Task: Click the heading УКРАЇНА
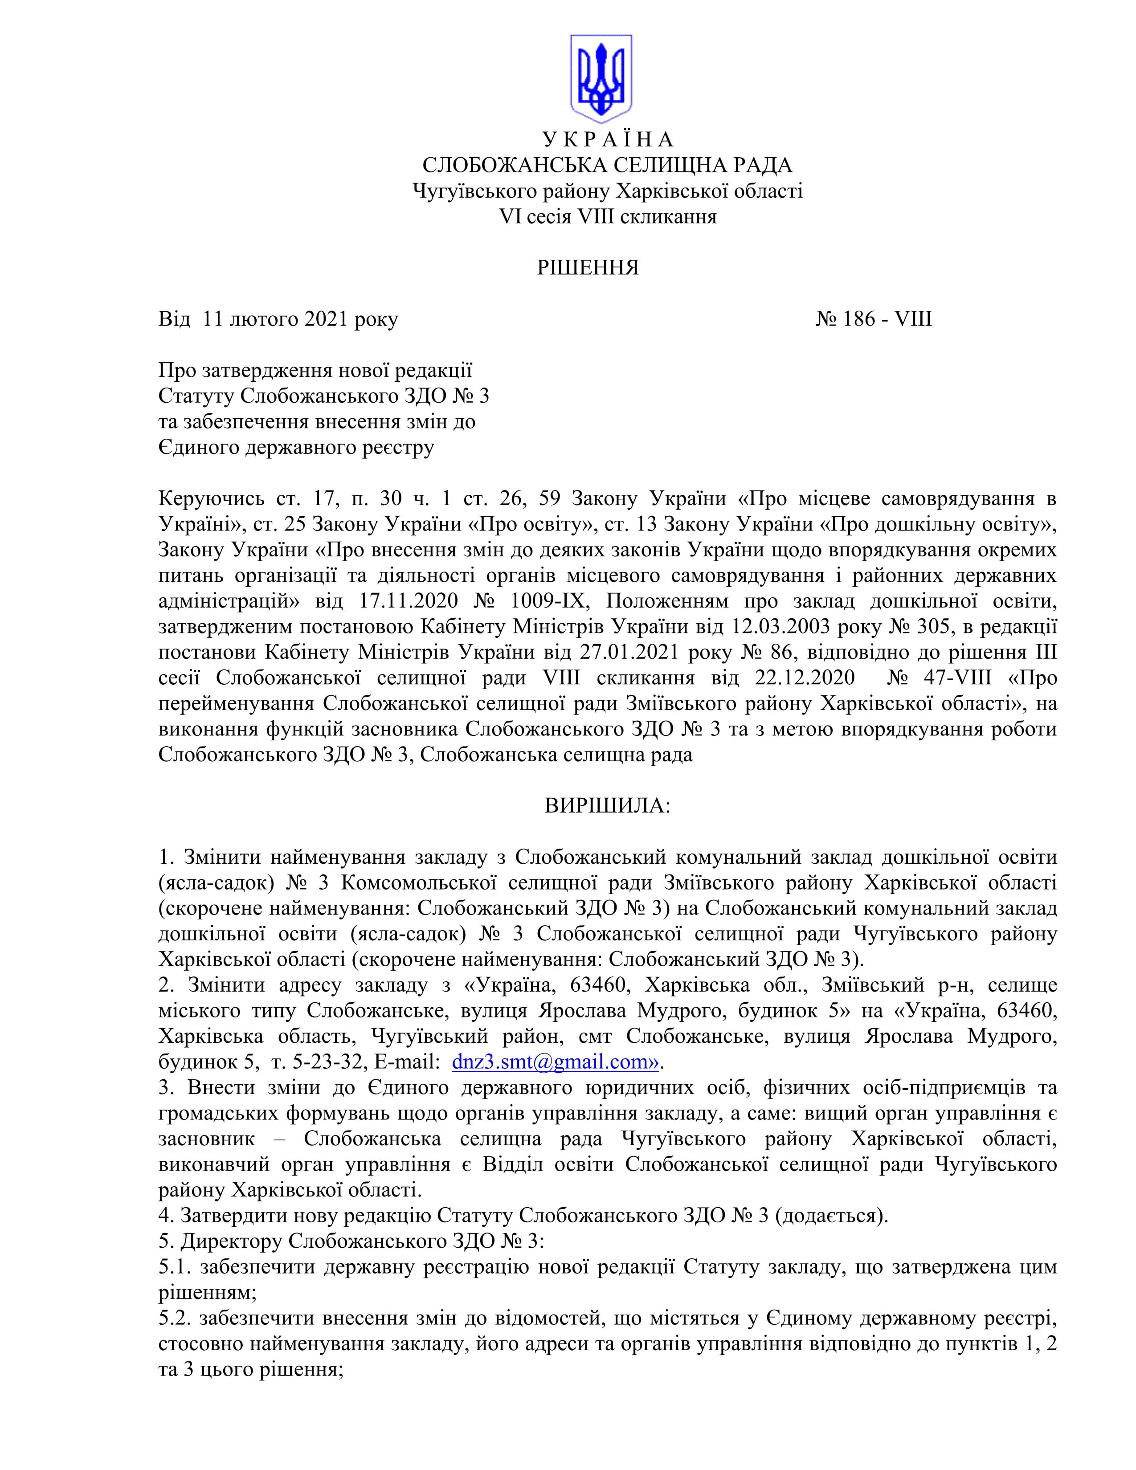point(607,139)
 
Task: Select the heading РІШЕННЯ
point(587,268)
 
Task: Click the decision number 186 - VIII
point(874,318)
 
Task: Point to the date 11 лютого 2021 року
point(300,318)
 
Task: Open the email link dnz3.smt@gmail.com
point(555,1062)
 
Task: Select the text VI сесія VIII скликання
point(607,217)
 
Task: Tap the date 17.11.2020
point(417,600)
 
